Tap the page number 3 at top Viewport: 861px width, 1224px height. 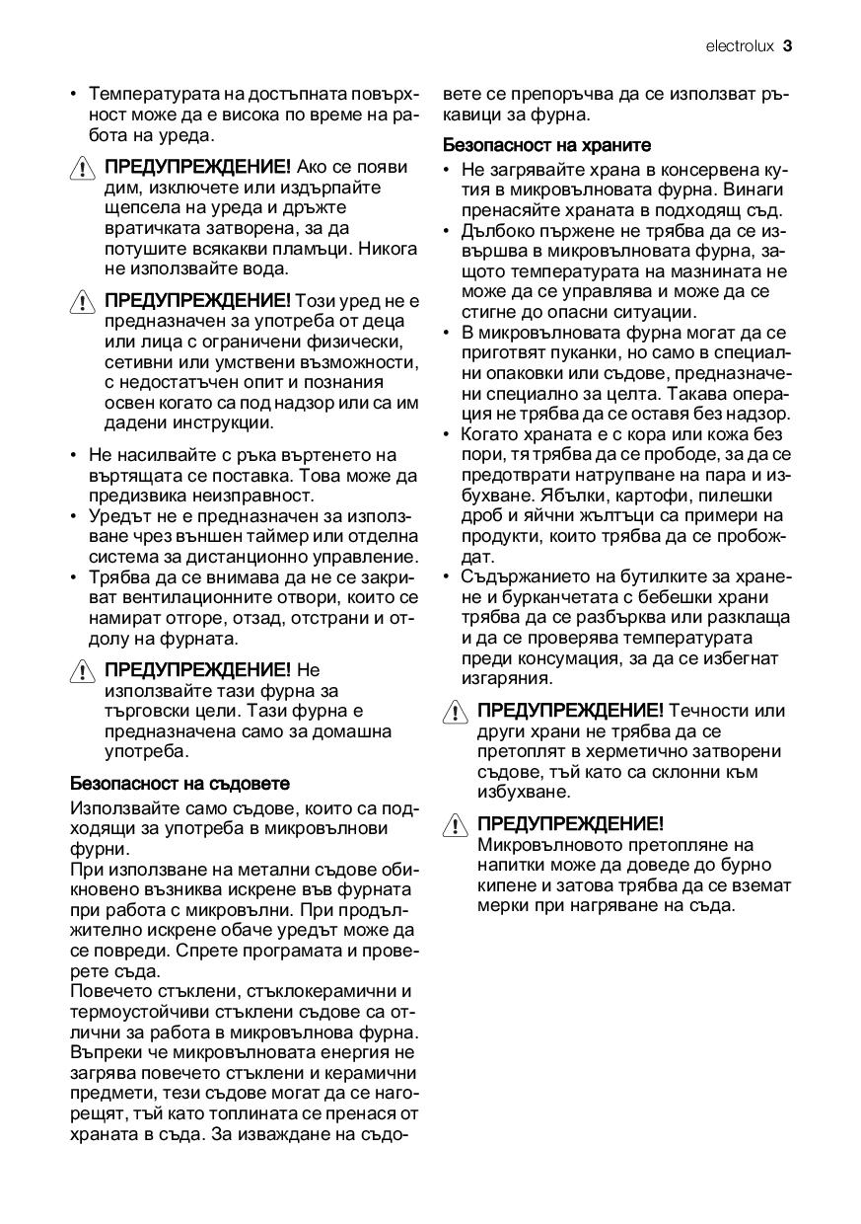click(789, 45)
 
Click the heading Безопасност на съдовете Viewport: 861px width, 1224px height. click(180, 784)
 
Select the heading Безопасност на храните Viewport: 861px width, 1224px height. click(547, 144)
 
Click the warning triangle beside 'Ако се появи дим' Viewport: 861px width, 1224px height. click(84, 167)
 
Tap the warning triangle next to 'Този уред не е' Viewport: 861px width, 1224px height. click(84, 302)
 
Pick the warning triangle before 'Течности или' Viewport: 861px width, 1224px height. click(456, 712)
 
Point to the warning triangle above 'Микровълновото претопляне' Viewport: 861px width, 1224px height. click(456, 824)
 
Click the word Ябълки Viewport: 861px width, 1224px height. click(579, 496)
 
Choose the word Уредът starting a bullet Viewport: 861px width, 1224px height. click(117, 516)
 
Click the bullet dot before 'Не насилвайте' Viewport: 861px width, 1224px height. click(74, 455)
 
